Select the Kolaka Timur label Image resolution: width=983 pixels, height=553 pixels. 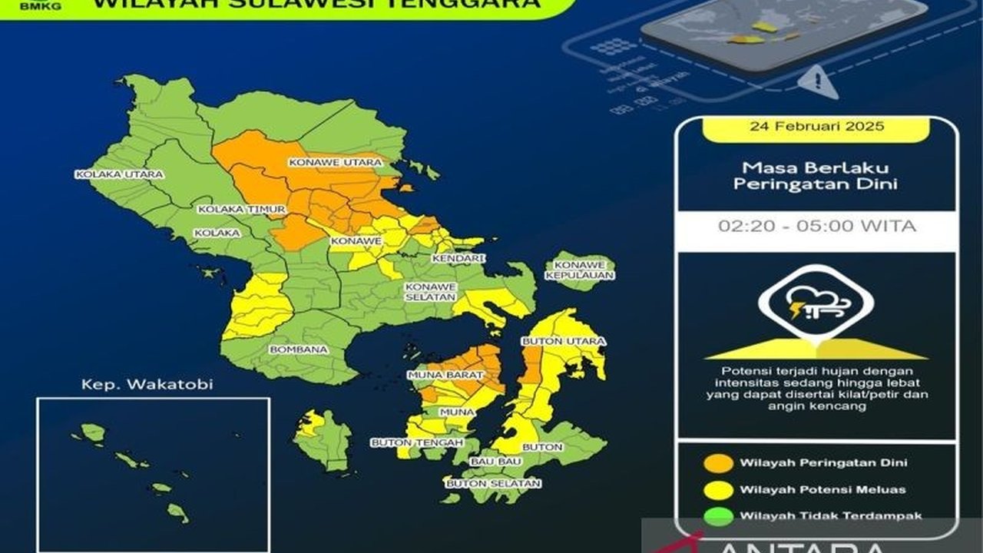[x=241, y=209]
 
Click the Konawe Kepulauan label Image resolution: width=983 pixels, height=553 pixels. [x=579, y=270]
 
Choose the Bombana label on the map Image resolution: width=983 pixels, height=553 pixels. [x=298, y=349]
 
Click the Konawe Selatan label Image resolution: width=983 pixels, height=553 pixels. [x=431, y=291]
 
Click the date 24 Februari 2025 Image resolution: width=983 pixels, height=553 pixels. [x=816, y=126]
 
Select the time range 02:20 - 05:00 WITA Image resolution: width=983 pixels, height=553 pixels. [x=816, y=227]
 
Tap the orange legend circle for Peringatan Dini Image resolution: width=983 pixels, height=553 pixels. [x=719, y=463]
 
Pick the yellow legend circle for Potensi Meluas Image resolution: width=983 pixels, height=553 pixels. [x=719, y=490]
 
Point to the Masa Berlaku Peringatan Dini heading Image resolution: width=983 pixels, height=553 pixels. [x=816, y=176]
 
